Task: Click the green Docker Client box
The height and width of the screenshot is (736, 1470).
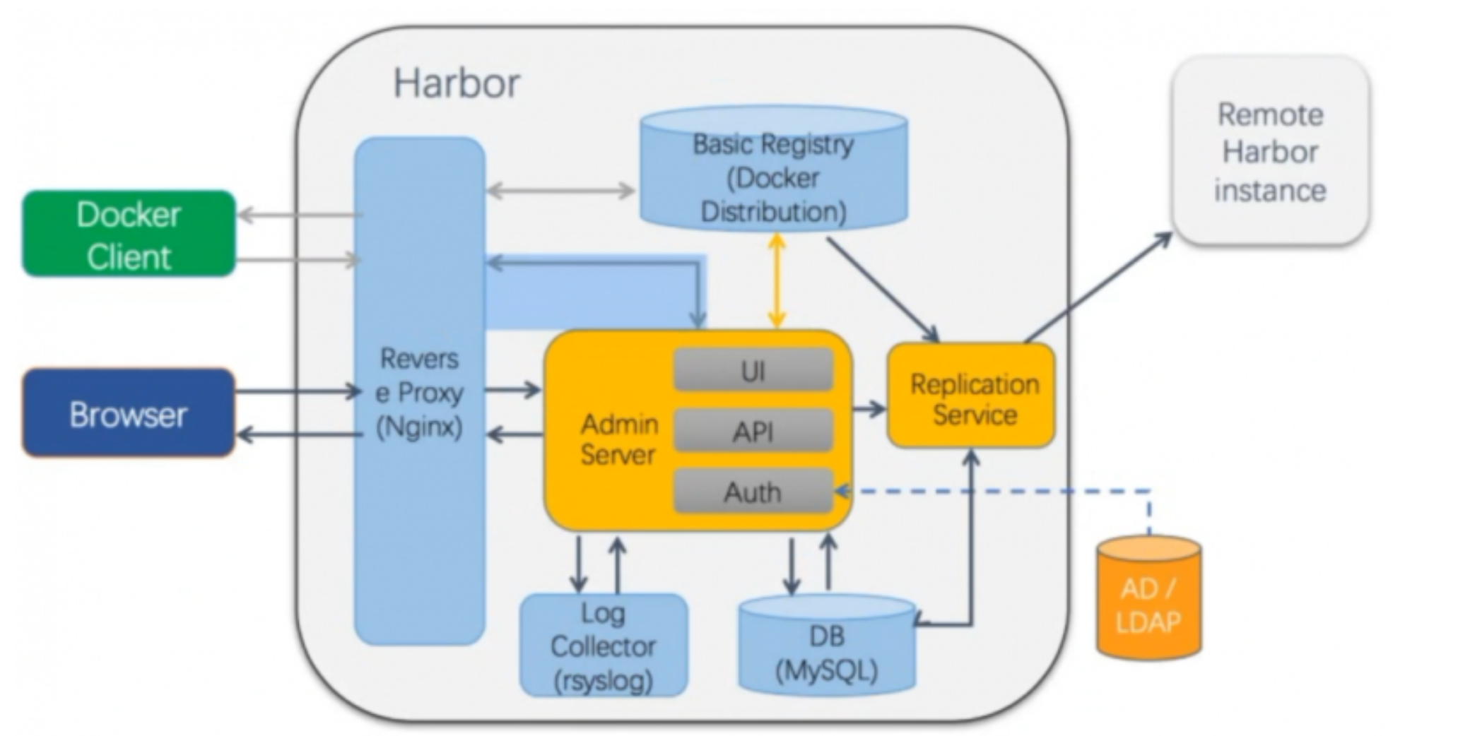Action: tap(129, 233)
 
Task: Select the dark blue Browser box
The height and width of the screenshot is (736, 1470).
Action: tap(129, 413)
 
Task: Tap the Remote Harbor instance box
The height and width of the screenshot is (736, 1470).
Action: tap(1270, 151)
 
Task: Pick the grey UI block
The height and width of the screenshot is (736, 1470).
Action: tap(753, 369)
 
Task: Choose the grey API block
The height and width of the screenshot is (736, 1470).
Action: tap(753, 430)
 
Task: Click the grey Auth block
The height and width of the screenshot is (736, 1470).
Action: tap(753, 491)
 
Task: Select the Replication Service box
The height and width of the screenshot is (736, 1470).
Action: tap(971, 396)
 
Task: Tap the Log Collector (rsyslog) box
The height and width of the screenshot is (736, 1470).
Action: tap(604, 645)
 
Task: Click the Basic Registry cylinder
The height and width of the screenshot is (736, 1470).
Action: tap(774, 168)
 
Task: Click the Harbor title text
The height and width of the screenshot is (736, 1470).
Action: tap(457, 83)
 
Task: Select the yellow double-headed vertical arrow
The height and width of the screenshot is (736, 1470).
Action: tap(777, 281)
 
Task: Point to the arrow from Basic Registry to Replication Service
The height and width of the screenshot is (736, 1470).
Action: tap(883, 290)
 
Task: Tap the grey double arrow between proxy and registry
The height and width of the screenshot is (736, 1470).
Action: tap(560, 190)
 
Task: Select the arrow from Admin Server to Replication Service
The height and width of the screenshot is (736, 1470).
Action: tap(869, 408)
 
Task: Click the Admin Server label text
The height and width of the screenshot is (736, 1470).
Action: tap(619, 439)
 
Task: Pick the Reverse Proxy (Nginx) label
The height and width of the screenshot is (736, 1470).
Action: tap(419, 393)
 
